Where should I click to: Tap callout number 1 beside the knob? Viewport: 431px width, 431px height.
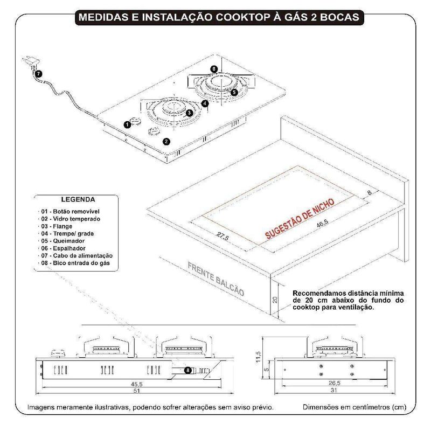point(127,124)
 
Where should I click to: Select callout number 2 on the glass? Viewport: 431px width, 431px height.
point(166,142)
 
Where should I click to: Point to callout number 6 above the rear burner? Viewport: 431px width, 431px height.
point(214,69)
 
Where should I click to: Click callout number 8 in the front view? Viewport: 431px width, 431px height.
point(187,370)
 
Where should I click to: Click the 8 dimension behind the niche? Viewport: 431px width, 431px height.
point(370,193)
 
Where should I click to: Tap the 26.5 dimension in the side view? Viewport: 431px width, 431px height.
point(335,384)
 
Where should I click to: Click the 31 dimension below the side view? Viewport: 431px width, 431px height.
point(335,391)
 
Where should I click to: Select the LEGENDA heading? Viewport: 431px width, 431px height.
point(79,199)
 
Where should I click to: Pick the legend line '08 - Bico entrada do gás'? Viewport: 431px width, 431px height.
point(79,263)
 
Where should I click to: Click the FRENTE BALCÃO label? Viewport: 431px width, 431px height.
point(217,280)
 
